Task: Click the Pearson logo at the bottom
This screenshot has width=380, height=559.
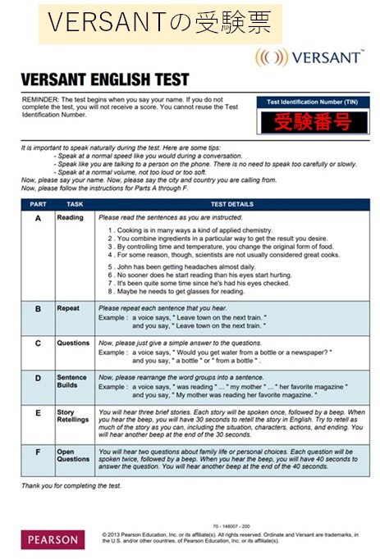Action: point(53,539)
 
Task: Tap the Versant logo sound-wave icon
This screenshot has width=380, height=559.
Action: point(272,57)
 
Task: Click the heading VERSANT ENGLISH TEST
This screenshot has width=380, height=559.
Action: point(105,80)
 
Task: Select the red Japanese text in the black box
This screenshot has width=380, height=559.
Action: point(314,122)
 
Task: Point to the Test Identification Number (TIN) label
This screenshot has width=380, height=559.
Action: point(312,102)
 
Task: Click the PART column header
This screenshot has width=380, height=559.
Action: point(38,204)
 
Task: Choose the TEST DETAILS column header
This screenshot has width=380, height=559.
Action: point(232,204)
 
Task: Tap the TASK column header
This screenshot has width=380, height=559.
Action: point(75,204)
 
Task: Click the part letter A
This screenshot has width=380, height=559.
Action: point(38,218)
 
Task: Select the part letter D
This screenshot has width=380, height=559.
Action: point(38,378)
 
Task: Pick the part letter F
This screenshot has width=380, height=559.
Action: point(38,452)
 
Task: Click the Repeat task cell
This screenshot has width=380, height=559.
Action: point(68,308)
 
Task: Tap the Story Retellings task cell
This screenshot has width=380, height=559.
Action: point(73,416)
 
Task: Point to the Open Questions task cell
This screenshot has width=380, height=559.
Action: point(73,455)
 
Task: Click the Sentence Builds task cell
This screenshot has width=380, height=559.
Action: point(71,381)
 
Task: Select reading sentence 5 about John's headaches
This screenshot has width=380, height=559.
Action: point(181,266)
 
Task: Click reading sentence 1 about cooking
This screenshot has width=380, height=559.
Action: point(190,230)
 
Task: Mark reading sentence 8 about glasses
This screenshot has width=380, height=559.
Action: point(176,291)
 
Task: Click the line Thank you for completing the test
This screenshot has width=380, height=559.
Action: point(71,485)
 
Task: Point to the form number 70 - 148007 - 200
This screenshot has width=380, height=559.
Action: point(231,526)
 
